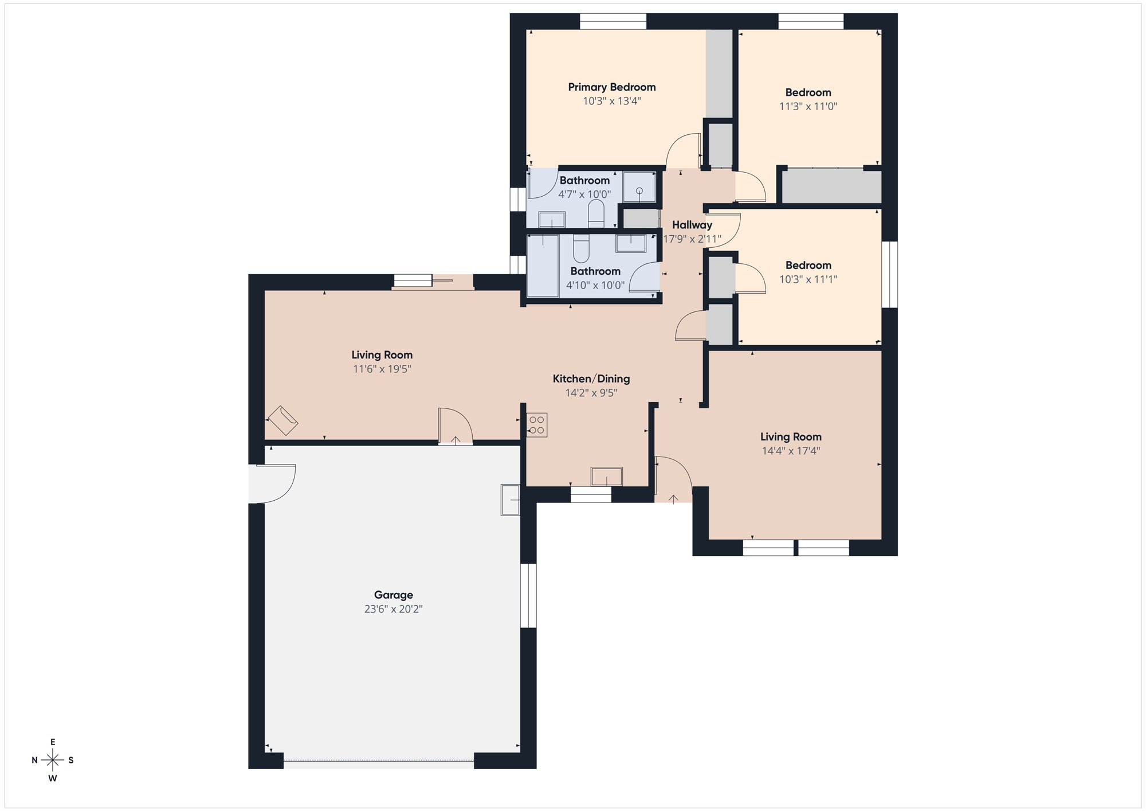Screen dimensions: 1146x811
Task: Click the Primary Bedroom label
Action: [611, 87]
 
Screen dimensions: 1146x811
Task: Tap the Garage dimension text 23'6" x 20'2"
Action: [393, 609]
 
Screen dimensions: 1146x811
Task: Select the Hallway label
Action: [692, 225]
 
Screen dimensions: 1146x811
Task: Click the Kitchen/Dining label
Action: [591, 379]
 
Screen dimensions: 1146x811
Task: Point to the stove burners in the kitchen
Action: [537, 425]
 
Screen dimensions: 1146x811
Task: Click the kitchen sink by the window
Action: [607, 477]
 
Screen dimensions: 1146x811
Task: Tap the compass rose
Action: [53, 761]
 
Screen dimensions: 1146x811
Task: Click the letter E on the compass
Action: [53, 742]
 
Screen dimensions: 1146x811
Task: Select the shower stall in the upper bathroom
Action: [639, 187]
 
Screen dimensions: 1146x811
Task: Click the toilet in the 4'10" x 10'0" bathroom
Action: [580, 248]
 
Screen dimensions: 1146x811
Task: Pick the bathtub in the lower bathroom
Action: [543, 266]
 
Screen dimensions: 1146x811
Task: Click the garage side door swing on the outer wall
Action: [272, 484]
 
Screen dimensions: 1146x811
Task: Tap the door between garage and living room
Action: [455, 426]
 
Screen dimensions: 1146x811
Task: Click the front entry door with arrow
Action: [673, 479]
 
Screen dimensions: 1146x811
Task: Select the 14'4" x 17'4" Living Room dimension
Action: [791, 451]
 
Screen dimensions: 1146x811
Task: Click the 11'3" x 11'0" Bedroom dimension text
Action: [808, 106]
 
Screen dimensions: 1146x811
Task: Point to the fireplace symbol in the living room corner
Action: [282, 420]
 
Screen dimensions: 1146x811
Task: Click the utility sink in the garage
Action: [510, 500]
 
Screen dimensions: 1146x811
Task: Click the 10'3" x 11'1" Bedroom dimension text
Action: [808, 279]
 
